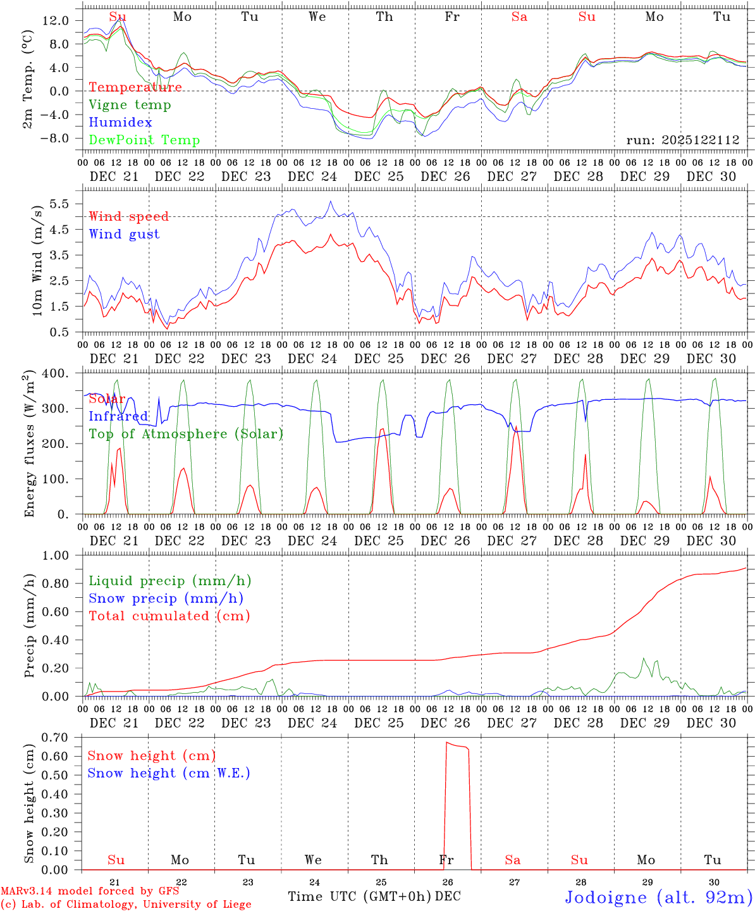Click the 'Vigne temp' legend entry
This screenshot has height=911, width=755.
coord(130,105)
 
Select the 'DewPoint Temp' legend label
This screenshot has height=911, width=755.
coord(144,140)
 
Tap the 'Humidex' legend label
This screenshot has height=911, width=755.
coord(120,123)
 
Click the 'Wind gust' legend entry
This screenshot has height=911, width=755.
coord(124,234)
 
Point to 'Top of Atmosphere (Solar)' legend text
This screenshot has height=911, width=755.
coord(186,434)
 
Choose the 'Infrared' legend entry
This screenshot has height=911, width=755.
coord(118,416)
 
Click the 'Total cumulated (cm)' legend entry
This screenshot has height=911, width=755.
coord(169,616)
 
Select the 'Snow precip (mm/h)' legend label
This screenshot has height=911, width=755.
coord(166,598)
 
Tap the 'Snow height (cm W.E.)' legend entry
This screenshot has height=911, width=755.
coord(169,773)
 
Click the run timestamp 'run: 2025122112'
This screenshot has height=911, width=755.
coord(682,140)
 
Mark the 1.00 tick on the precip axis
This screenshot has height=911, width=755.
coord(56,555)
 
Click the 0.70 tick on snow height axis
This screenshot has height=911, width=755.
coord(56,737)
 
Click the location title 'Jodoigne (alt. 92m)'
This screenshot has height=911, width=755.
coord(658,897)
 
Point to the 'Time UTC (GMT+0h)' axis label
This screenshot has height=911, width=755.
coord(359,896)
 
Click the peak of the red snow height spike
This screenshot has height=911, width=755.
coord(447,743)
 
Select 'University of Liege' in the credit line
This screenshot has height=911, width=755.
coord(197,905)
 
